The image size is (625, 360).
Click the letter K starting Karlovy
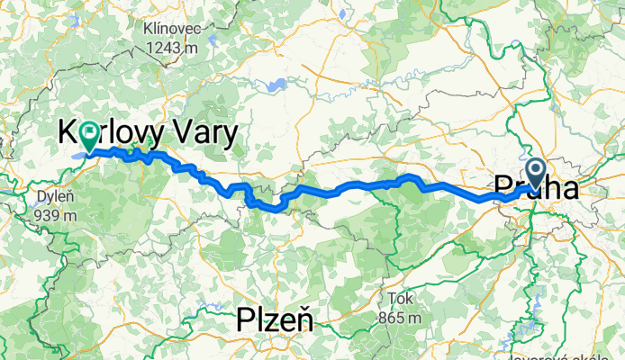(68, 135)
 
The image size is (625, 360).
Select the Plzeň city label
(274, 319)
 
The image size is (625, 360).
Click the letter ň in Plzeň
(302, 319)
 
